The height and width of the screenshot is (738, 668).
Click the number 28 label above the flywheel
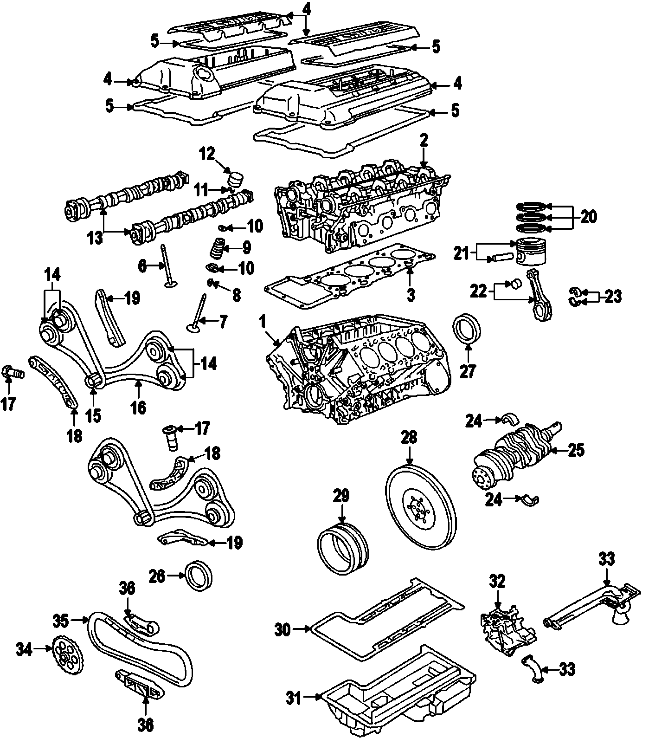(x=409, y=437)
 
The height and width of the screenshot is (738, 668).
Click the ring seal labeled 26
(x=199, y=576)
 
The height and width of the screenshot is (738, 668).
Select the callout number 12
(x=207, y=154)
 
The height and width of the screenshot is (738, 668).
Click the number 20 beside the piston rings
(x=588, y=217)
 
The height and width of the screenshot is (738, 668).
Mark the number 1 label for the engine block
(x=263, y=321)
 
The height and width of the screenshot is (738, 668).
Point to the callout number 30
(x=283, y=630)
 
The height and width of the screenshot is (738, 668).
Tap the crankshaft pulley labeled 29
(x=342, y=549)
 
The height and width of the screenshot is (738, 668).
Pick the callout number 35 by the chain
(x=61, y=620)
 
